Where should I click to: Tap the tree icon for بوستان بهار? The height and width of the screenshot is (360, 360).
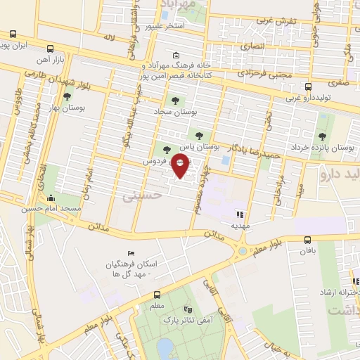click(x=67, y=98)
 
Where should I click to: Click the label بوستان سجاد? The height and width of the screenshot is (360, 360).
click(x=193, y=112)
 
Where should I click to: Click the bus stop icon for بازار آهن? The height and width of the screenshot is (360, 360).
click(x=49, y=49)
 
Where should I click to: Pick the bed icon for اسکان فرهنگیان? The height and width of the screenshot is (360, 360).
click(x=129, y=253)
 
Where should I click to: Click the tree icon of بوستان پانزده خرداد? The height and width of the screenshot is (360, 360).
click(x=323, y=136)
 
